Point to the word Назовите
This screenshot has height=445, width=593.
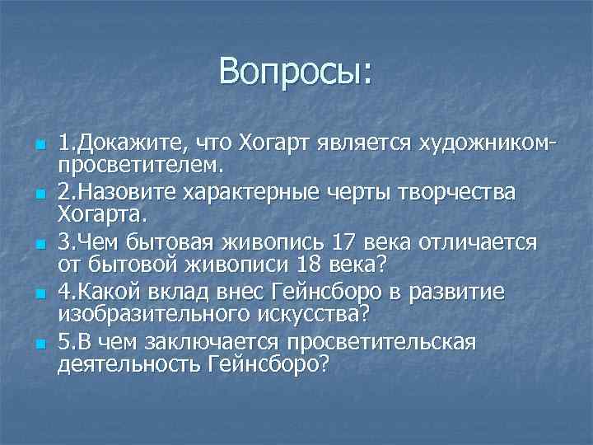[x=135, y=193]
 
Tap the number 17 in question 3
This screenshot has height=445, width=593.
[x=342, y=243]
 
